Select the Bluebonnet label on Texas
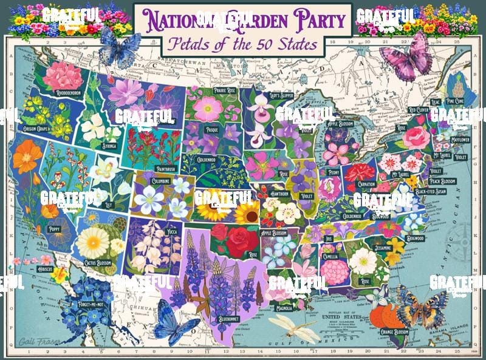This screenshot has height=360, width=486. pos(225,318)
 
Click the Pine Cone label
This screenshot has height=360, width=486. pos(455,101)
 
